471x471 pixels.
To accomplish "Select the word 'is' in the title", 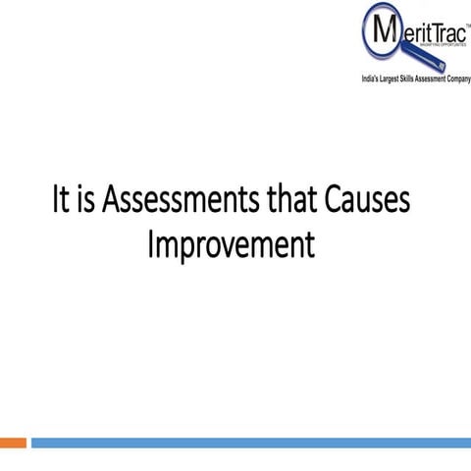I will click(x=87, y=202).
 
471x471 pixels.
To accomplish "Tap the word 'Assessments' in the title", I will click(x=181, y=202).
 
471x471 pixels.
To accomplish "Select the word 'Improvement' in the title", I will click(x=232, y=243).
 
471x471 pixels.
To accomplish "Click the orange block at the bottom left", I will click(x=13, y=444).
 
